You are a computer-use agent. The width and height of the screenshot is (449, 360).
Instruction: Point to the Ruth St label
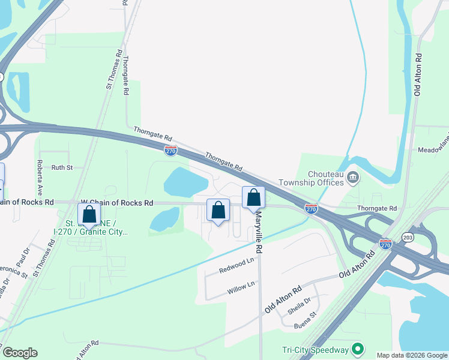(61, 168)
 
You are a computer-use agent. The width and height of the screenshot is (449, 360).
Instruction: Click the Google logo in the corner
(20, 353)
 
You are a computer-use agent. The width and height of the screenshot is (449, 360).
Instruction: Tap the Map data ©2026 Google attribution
(412, 355)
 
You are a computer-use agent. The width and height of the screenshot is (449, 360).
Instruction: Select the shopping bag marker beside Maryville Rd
(253, 197)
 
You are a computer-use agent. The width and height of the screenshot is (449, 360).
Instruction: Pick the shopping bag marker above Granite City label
(89, 214)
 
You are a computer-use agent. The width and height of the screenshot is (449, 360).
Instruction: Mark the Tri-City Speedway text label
(315, 350)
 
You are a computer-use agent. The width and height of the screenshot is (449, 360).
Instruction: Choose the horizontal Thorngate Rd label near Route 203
(377, 208)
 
